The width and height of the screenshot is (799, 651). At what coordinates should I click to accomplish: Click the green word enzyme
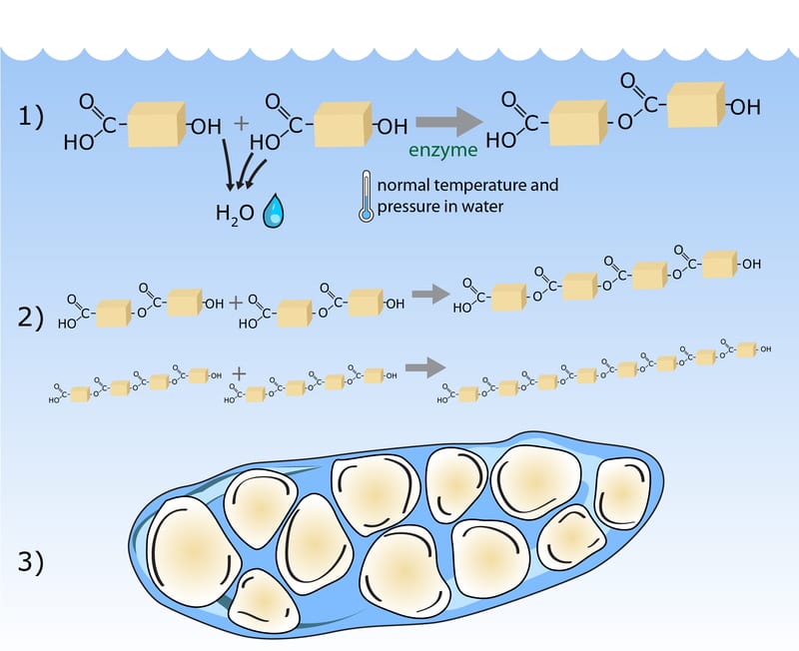442,151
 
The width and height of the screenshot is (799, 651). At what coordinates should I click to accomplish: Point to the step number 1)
30,118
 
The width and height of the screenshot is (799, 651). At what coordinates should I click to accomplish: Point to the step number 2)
30,319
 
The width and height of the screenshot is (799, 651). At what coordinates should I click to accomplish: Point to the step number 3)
30,561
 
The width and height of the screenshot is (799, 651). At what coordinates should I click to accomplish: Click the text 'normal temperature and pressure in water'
459,194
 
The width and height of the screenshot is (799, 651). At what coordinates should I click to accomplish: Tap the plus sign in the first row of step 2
236,301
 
